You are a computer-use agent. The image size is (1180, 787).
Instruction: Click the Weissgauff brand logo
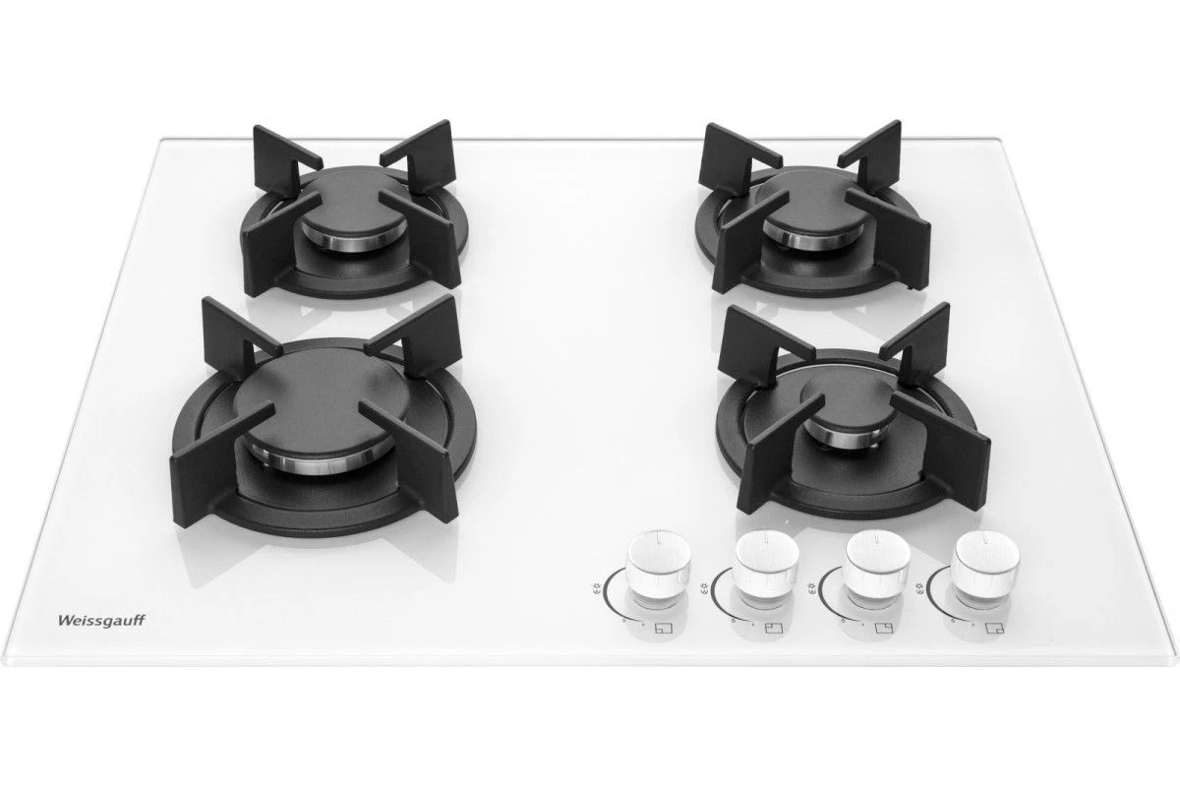tap(100, 621)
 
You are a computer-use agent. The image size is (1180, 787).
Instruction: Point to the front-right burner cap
tap(848, 406)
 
